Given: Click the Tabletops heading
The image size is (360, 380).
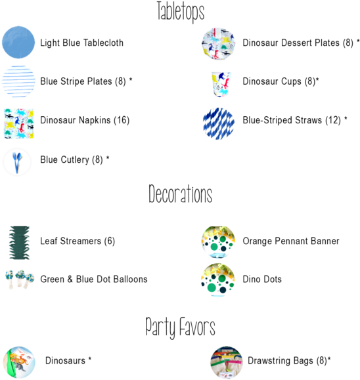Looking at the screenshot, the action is pyautogui.click(x=181, y=12).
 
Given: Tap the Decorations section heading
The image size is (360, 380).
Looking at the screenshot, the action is pyautogui.click(x=180, y=194).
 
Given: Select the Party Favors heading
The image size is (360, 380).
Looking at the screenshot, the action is pyautogui.click(x=180, y=327).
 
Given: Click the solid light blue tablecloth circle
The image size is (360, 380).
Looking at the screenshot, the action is pyautogui.click(x=18, y=43).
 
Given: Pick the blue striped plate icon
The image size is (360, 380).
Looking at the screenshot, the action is pyautogui.click(x=18, y=81).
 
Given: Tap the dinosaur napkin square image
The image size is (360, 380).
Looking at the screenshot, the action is pyautogui.click(x=18, y=123).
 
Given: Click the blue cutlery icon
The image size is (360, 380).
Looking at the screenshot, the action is pyautogui.click(x=17, y=162).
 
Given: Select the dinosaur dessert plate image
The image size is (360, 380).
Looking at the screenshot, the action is pyautogui.click(x=219, y=43).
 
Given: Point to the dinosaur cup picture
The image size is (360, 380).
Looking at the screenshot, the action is pyautogui.click(x=221, y=84).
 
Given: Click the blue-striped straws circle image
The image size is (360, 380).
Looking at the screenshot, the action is pyautogui.click(x=219, y=123).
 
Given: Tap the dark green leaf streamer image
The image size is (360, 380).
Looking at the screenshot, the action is pyautogui.click(x=20, y=243).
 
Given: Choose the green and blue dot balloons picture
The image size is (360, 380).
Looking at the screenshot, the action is pyautogui.click(x=20, y=279).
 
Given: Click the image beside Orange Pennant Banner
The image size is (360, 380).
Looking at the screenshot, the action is pyautogui.click(x=218, y=242).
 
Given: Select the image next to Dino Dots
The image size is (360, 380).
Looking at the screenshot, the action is pyautogui.click(x=218, y=280).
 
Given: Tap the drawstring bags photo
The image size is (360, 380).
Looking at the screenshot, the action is pyautogui.click(x=227, y=362).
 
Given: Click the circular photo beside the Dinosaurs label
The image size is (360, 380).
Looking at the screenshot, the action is pyautogui.click(x=19, y=362).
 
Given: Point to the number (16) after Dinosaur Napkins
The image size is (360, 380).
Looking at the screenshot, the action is pyautogui.click(x=122, y=120).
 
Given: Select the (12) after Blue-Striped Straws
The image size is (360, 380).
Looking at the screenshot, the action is pyautogui.click(x=333, y=120).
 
